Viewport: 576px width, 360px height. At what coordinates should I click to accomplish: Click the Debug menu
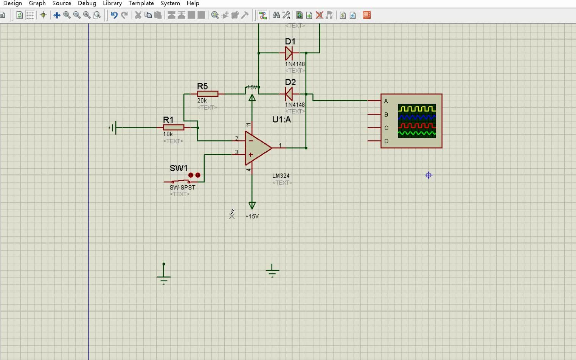point(87,3)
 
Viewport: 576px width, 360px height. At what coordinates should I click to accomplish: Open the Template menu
point(141,3)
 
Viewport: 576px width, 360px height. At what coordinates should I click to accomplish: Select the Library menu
point(112,3)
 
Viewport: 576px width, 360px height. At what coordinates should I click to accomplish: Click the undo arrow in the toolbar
point(114,15)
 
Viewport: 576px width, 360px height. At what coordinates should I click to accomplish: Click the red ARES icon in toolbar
point(367,15)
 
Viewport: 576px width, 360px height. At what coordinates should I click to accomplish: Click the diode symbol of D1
point(289,53)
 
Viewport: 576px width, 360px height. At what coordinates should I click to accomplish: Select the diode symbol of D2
point(289,94)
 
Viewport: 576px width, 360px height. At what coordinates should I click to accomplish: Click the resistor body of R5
point(207,94)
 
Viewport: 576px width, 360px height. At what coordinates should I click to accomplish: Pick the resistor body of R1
point(174,127)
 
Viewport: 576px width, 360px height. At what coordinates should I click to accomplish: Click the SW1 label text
point(179,168)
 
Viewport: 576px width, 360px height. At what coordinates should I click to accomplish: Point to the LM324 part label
point(281,176)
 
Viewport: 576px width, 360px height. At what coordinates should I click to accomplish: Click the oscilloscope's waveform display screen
point(417,121)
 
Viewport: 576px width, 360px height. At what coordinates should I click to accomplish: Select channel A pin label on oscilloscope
point(386,101)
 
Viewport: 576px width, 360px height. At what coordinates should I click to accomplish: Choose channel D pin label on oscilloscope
point(386,141)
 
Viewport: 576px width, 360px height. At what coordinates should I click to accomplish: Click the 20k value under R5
point(202,101)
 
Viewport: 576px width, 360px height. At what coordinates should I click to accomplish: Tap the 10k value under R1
point(168,134)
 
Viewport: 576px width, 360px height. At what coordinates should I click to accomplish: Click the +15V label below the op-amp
point(252,216)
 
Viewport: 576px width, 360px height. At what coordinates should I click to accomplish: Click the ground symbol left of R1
point(113,127)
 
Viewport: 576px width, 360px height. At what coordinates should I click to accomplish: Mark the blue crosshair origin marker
point(429,175)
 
